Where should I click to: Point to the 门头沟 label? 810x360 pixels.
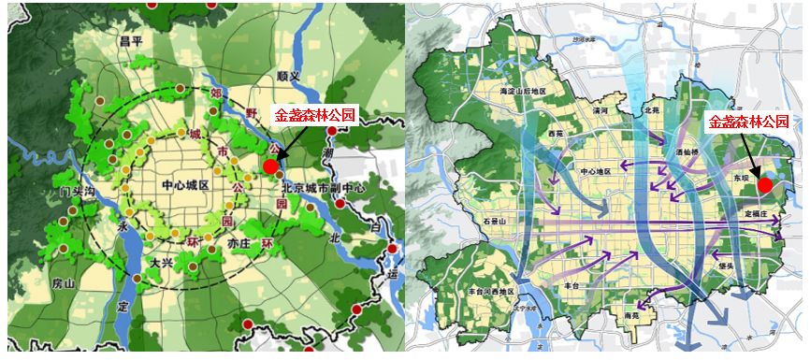point(77,192)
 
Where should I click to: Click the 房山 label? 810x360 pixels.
point(65,281)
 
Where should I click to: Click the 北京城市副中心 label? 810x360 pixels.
point(324,187)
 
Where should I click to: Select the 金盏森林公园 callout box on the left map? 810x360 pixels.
point(314,115)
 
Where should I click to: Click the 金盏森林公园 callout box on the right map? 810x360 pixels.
point(748,121)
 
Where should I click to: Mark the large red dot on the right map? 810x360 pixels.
point(765,184)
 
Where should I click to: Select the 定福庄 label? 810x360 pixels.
point(754,214)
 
